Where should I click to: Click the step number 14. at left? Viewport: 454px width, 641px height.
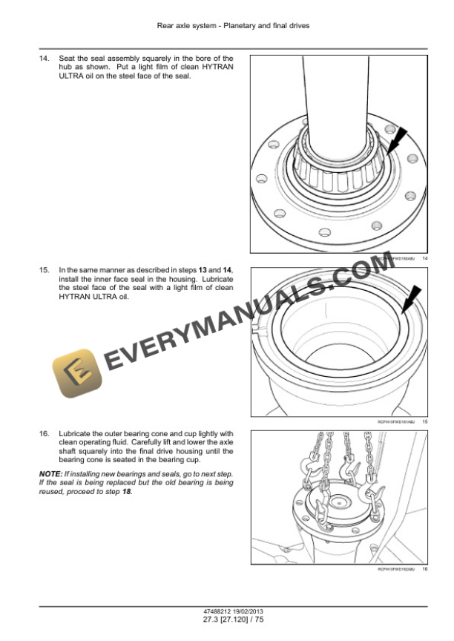[45, 58]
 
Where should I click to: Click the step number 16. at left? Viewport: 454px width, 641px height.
[45, 434]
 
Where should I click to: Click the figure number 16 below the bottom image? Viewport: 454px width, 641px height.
[425, 569]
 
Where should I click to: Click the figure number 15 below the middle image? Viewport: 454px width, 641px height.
[425, 421]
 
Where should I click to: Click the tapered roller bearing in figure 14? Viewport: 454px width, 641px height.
[338, 167]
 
